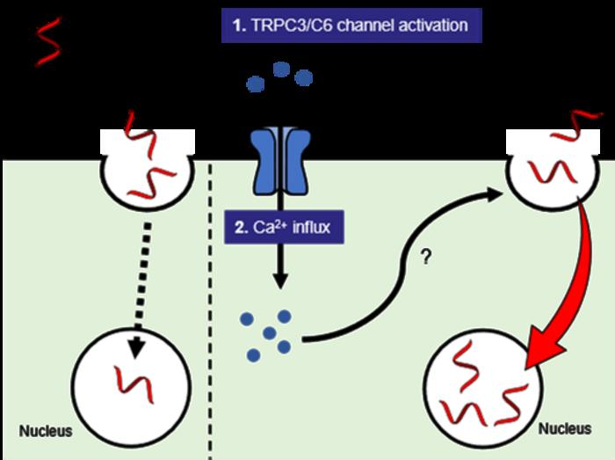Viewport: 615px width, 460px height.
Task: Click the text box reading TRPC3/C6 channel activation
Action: pyautogui.click(x=351, y=25)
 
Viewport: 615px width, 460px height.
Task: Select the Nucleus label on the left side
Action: pyautogui.click(x=46, y=432)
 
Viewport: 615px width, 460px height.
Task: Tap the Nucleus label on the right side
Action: pyautogui.click(x=564, y=429)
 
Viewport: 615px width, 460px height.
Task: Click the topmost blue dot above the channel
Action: pyautogui.click(x=281, y=69)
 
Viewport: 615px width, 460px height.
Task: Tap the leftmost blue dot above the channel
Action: pyautogui.click(x=255, y=84)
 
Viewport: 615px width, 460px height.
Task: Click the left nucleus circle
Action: pyautogui.click(x=132, y=383)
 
